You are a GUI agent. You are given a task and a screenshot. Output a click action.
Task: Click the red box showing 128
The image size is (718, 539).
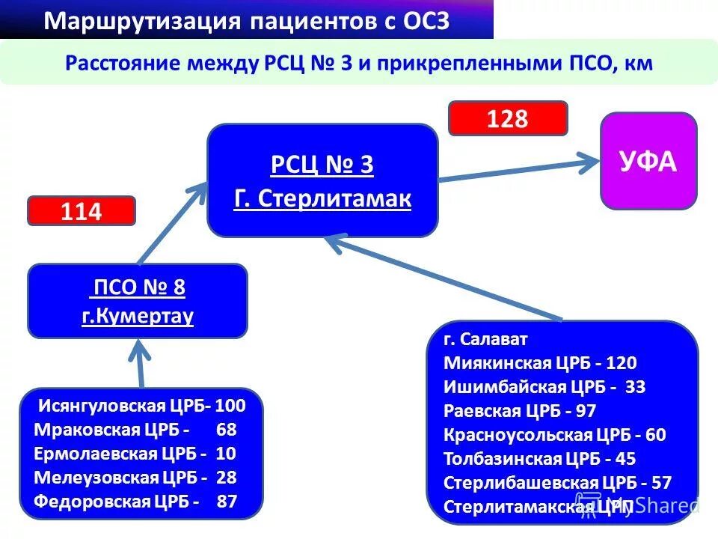click(508, 118)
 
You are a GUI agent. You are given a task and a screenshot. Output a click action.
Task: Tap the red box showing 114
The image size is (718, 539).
click(82, 211)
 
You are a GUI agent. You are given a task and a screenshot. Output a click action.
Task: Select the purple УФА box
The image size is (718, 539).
click(648, 161)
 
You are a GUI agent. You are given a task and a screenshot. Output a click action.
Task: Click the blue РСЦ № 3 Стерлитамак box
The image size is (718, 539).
click(322, 180)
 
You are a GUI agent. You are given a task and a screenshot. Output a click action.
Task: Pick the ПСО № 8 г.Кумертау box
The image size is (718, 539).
click(137, 301)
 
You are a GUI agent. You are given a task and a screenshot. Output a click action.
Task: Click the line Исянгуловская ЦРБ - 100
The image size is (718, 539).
click(142, 406)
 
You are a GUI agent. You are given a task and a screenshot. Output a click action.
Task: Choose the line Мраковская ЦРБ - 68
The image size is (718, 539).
click(135, 430)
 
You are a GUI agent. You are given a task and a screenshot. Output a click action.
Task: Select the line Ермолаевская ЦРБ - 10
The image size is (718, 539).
click(135, 454)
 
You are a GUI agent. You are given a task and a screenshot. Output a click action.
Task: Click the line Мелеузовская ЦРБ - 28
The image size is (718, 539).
click(135, 478)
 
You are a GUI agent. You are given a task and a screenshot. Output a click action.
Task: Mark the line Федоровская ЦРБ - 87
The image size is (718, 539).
click(135, 502)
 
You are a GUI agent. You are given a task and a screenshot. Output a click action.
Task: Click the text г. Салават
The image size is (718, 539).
click(485, 339)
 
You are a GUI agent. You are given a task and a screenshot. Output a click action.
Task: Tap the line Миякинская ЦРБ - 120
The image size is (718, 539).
click(540, 363)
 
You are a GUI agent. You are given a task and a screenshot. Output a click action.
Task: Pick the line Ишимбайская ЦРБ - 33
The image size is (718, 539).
click(544, 387)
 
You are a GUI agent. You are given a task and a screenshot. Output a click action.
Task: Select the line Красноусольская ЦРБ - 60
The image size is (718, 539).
click(554, 435)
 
